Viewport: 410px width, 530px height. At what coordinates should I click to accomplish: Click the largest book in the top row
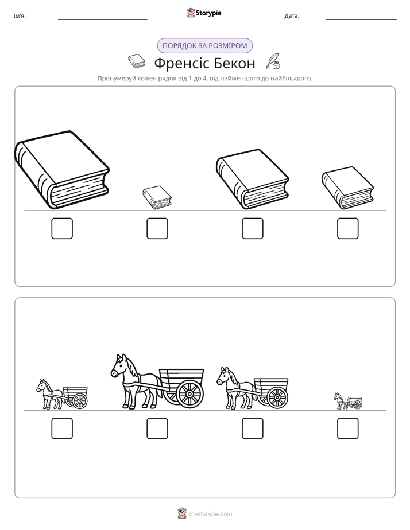tap(62, 170)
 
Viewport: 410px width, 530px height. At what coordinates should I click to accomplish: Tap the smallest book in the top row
tap(157, 197)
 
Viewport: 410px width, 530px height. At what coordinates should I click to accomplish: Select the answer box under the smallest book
tap(157, 228)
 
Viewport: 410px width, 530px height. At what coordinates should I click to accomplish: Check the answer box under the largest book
tap(62, 228)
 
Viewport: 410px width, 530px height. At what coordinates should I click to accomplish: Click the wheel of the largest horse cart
tap(189, 394)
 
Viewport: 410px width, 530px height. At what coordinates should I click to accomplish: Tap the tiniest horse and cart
tap(348, 401)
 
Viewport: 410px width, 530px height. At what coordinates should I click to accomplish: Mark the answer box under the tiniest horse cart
tap(348, 428)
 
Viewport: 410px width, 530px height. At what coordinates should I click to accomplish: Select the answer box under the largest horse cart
tap(157, 428)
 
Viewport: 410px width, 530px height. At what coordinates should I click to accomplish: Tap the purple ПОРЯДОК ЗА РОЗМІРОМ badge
tap(204, 46)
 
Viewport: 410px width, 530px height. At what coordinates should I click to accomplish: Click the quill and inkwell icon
tap(273, 61)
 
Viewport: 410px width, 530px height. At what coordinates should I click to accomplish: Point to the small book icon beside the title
tap(137, 61)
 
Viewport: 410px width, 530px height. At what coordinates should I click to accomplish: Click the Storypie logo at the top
tap(204, 13)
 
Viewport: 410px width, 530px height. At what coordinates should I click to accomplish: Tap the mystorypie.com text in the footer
tap(210, 514)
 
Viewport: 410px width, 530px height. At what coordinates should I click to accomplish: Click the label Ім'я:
tap(20, 16)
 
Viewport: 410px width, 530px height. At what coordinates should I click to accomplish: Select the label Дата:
tap(292, 16)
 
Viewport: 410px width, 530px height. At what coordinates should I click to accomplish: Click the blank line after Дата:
tap(361, 20)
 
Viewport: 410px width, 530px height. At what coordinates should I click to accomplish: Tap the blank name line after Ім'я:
tap(102, 20)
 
